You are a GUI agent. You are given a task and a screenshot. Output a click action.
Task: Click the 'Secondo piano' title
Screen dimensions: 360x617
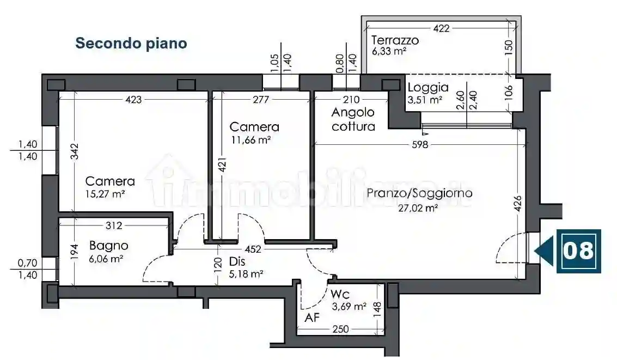tap(131, 43)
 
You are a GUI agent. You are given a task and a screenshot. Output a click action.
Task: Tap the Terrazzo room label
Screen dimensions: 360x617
tap(395, 40)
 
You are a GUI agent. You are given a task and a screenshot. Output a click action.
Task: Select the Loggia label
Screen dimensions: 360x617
tap(428, 87)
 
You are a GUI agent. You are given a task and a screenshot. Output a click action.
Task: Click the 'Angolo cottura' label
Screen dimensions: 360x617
tap(353, 119)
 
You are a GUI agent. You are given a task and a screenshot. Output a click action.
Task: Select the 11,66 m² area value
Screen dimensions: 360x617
tap(251, 139)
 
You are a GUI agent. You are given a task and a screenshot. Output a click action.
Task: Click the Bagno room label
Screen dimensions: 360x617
tap(109, 246)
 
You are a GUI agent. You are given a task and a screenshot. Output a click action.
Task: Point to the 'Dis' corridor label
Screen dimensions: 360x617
tap(237, 261)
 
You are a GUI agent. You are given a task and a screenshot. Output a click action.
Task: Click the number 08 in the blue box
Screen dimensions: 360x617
tap(578, 251)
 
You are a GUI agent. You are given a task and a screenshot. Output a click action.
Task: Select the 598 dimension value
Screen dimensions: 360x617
tap(420, 145)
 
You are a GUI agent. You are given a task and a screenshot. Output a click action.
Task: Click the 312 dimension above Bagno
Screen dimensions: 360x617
tap(115, 225)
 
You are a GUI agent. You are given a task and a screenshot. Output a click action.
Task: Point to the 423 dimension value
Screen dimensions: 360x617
tap(133, 100)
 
